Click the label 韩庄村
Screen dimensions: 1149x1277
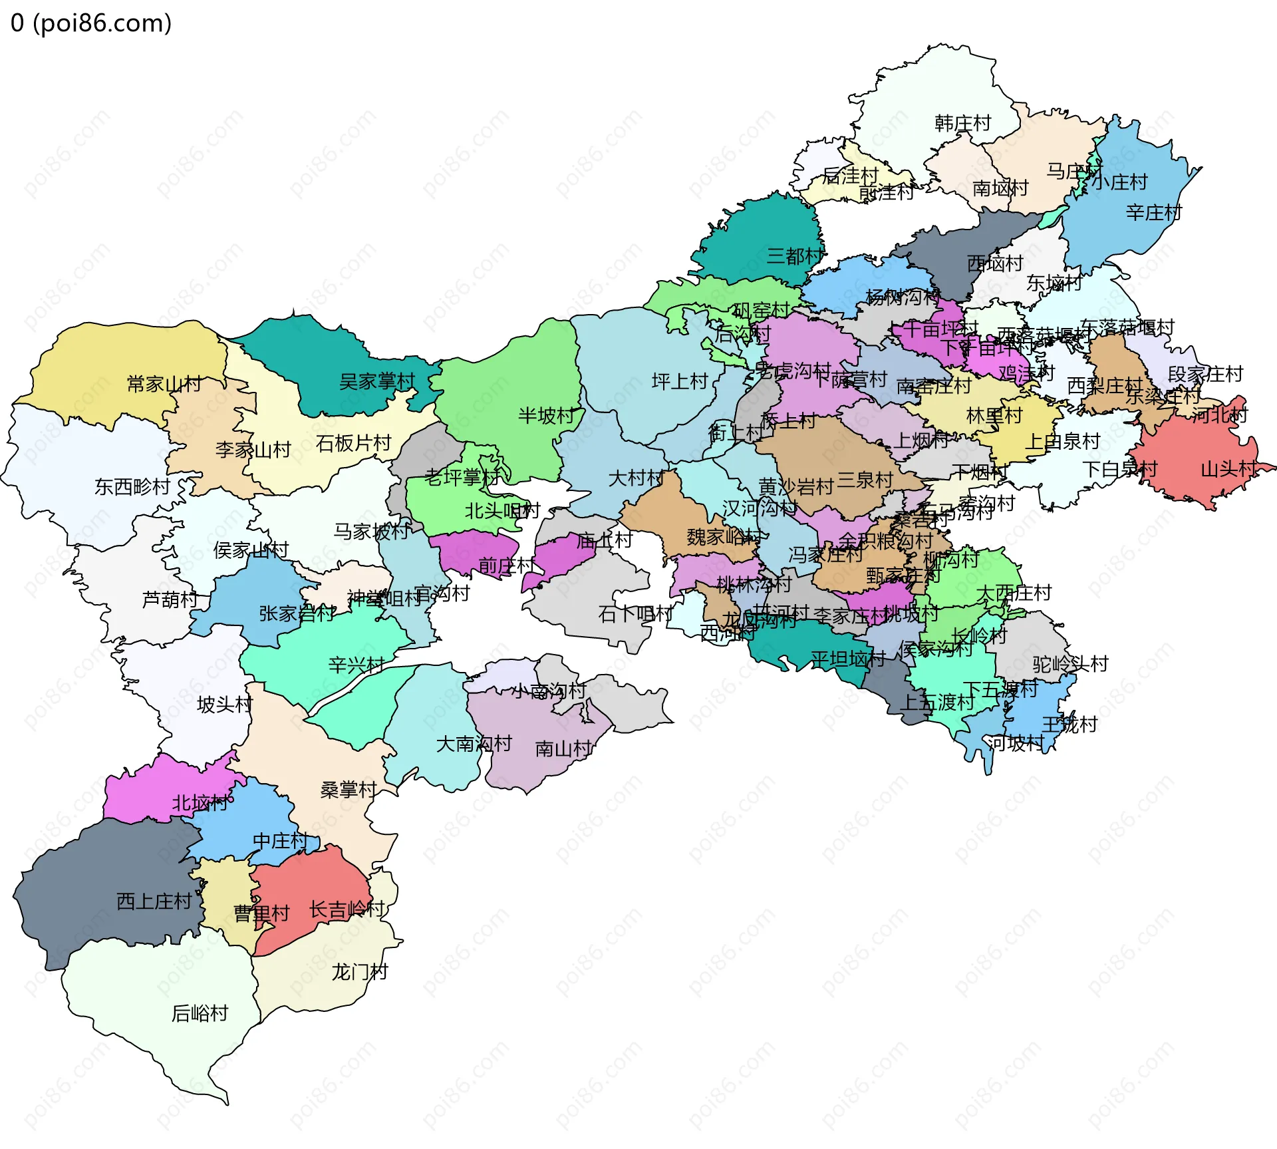tap(962, 123)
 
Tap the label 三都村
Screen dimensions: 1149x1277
tap(795, 255)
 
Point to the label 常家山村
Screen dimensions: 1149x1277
tap(164, 384)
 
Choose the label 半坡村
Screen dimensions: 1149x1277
tap(546, 416)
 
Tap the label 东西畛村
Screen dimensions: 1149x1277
tap(133, 486)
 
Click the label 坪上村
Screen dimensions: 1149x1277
tap(680, 381)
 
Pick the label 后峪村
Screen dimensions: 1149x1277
tap(200, 1013)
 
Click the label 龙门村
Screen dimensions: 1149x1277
tap(360, 972)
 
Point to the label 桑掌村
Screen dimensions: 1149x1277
tap(349, 790)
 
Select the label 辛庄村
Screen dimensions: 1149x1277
tap(1154, 213)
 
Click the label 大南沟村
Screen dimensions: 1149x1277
tap(474, 744)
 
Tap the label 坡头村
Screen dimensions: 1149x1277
tap(225, 704)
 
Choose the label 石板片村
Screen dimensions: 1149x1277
tap(353, 443)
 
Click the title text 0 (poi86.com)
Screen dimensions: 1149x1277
tap(91, 23)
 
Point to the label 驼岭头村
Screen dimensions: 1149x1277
tap(1070, 664)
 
